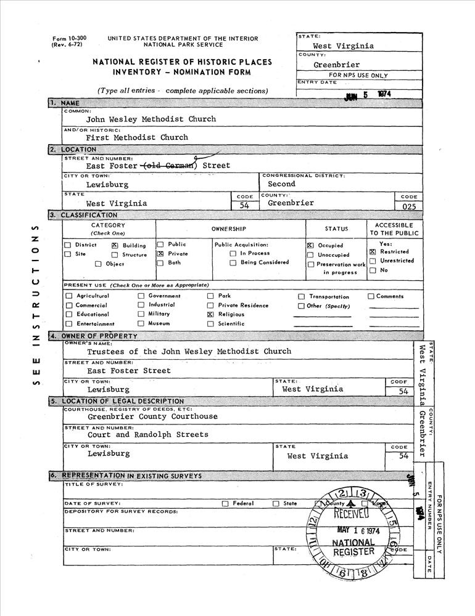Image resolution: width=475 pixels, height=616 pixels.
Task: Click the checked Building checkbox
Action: [x=115, y=245]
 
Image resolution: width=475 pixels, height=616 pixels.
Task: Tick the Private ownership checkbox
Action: [x=160, y=254]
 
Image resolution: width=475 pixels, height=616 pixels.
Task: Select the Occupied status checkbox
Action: [x=310, y=245]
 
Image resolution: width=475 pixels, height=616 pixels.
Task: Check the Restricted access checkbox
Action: [x=373, y=252]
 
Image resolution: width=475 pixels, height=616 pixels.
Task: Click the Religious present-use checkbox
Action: [x=211, y=314]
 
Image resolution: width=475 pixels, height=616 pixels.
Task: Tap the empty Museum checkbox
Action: [x=141, y=323]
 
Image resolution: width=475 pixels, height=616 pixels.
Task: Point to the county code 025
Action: [x=409, y=207]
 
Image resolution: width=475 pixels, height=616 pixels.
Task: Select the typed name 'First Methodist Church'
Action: [x=137, y=137]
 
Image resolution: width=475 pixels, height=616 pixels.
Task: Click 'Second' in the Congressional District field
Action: [x=281, y=184]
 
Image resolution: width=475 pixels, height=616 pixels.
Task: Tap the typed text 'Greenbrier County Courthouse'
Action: [x=152, y=416]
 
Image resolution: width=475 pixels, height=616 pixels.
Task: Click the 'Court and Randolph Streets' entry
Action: [x=148, y=435]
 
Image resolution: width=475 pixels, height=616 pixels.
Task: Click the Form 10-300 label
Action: [x=69, y=38]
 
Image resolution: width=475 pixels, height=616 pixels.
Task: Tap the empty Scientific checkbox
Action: [x=211, y=323]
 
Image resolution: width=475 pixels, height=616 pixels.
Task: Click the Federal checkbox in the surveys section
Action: [x=225, y=503]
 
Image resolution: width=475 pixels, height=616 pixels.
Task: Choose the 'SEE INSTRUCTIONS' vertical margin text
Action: [x=35, y=305]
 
